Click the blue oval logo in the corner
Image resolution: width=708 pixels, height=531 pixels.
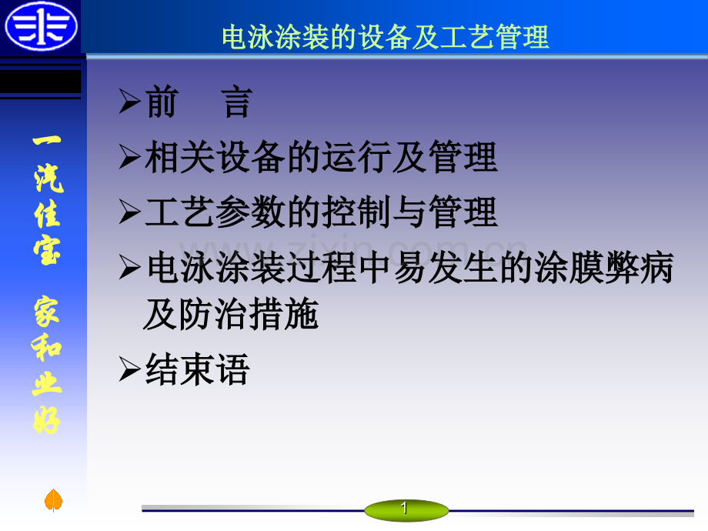(x=41, y=25)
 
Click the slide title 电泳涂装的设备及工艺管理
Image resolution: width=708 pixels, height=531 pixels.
(x=386, y=37)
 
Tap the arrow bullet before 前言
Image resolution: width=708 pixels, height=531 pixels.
(x=130, y=101)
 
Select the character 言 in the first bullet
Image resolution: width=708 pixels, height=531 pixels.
(x=237, y=102)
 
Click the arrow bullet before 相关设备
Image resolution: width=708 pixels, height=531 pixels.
(x=130, y=157)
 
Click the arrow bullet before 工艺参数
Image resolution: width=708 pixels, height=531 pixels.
(x=130, y=212)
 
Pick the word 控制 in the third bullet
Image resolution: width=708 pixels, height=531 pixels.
(x=357, y=212)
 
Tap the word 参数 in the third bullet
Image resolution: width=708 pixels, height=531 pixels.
(x=250, y=212)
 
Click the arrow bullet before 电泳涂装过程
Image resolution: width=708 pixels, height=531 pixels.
(x=130, y=267)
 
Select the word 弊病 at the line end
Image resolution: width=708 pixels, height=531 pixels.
(x=640, y=267)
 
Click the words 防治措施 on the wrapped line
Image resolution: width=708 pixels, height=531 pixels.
(x=249, y=314)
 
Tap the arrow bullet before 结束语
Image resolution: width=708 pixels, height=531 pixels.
(x=130, y=369)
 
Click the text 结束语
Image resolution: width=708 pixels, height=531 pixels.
(x=197, y=369)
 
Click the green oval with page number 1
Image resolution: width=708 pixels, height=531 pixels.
(x=406, y=510)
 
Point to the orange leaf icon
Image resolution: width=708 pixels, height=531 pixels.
(x=53, y=500)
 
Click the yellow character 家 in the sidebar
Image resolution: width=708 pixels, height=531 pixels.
(x=46, y=311)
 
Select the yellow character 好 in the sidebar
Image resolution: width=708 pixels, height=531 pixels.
(x=46, y=420)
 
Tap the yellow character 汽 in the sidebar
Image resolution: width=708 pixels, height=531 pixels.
(x=48, y=178)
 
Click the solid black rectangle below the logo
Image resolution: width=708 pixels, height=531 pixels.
(x=41, y=82)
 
